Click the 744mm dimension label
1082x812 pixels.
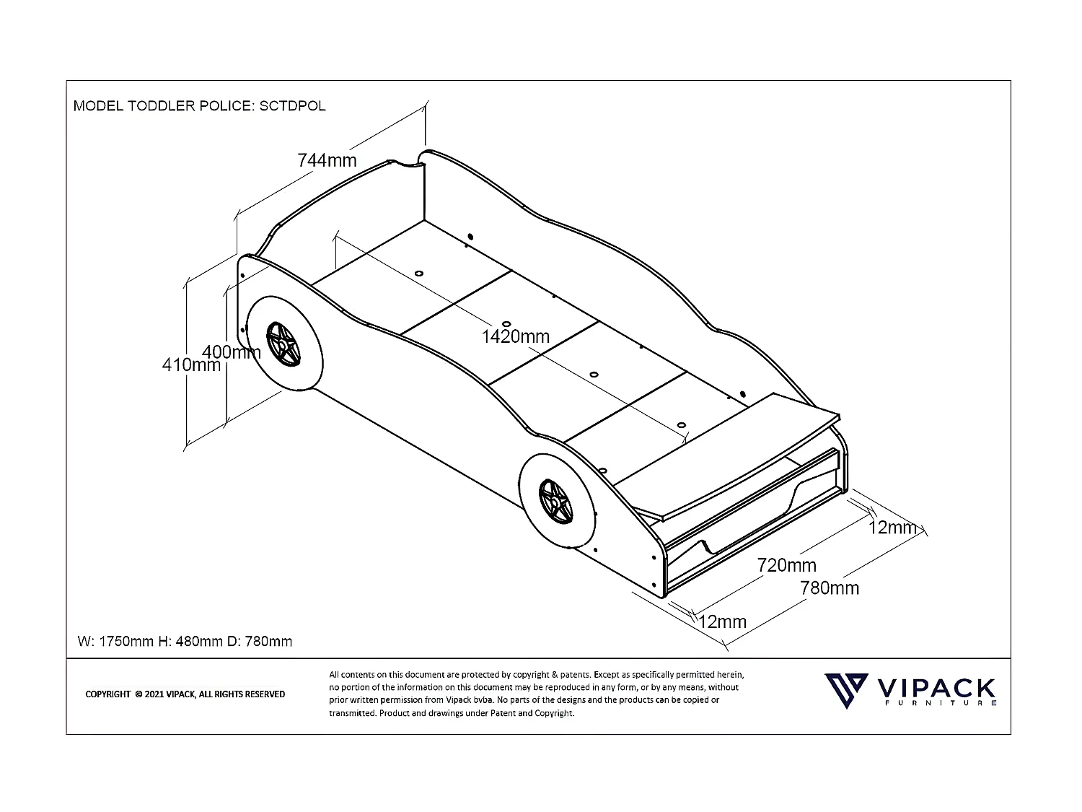click(327, 160)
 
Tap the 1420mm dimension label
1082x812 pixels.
click(516, 336)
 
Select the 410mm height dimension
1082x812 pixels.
click(191, 365)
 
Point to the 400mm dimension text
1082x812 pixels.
click(231, 352)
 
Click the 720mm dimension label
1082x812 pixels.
click(786, 565)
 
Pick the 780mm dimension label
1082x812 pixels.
click(830, 588)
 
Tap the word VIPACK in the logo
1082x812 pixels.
click(936, 687)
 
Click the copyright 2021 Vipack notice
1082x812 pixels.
click(185, 694)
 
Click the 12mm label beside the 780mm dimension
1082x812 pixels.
click(723, 621)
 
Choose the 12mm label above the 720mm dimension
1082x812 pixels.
click(892, 528)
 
